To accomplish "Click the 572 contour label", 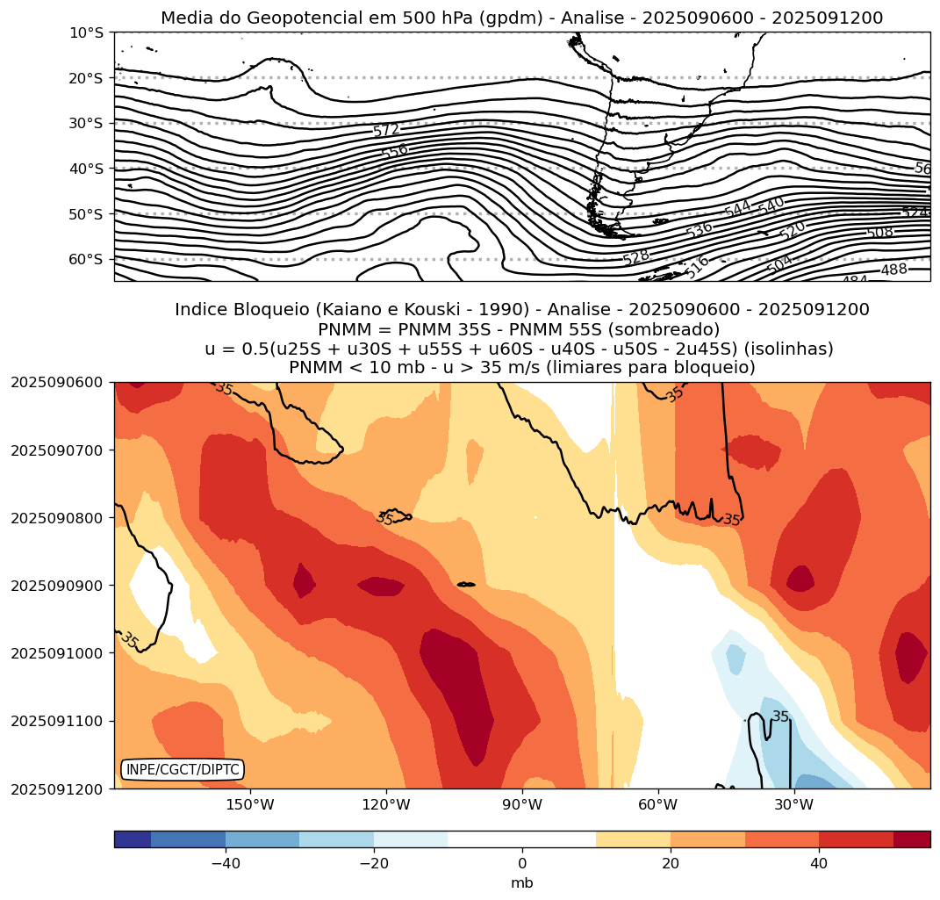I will click(x=386, y=131).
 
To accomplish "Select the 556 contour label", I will click(x=395, y=151).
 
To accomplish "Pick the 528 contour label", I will click(x=636, y=257).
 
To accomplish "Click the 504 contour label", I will click(x=779, y=263).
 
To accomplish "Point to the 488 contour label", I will click(x=893, y=270).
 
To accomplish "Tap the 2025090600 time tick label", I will click(x=57, y=382).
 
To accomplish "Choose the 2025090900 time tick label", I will click(x=57, y=585).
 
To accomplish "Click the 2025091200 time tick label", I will click(x=57, y=788).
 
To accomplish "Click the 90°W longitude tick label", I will click(x=522, y=805).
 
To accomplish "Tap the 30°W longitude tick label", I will click(x=793, y=805).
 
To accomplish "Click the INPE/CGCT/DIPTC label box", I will click(x=182, y=770).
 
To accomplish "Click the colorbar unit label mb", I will click(x=522, y=883).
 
